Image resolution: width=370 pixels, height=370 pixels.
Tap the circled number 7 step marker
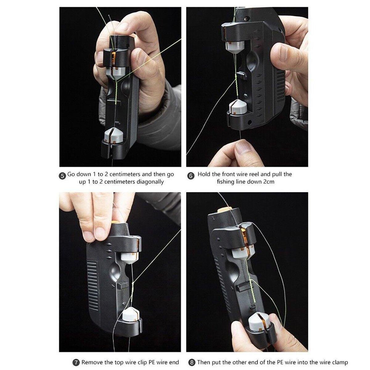tap(75, 362)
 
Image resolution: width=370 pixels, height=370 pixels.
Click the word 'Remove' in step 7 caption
tap(92, 362)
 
